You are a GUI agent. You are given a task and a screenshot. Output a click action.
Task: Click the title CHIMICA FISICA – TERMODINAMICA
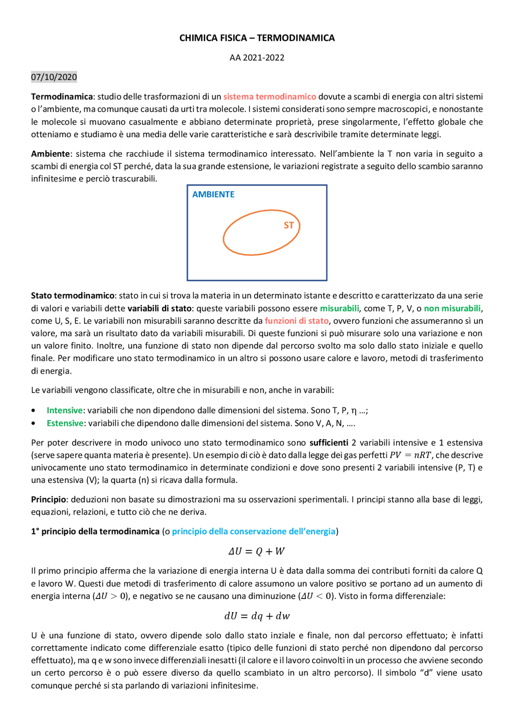click(257, 38)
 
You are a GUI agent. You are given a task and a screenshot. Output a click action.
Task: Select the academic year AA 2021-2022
click(257, 57)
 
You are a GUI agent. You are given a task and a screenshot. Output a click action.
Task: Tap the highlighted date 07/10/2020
click(54, 77)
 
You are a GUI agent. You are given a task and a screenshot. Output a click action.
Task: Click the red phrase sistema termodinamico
click(269, 97)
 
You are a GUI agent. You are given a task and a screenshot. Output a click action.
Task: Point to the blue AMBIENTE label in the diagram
click(213, 194)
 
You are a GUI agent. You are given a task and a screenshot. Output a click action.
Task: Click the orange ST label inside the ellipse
click(289, 225)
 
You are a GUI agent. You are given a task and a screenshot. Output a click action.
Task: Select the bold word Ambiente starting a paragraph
click(50, 154)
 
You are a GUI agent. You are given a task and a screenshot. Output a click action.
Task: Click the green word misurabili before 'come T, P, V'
click(339, 308)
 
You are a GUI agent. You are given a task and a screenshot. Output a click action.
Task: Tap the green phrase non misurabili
click(452, 308)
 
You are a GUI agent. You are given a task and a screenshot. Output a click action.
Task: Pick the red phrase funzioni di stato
click(296, 321)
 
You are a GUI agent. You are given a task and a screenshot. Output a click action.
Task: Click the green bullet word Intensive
click(65, 410)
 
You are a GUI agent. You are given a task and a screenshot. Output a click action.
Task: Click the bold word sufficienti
click(328, 443)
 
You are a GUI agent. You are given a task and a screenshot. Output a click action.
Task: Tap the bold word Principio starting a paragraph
click(48, 499)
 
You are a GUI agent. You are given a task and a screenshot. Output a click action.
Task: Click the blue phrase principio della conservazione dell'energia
click(253, 532)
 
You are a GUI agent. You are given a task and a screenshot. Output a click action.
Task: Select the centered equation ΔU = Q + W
click(257, 552)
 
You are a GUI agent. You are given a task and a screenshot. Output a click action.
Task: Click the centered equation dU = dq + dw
click(257, 616)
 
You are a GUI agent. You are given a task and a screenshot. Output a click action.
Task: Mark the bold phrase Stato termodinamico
click(73, 296)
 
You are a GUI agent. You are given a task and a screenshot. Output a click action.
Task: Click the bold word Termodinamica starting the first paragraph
click(62, 97)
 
